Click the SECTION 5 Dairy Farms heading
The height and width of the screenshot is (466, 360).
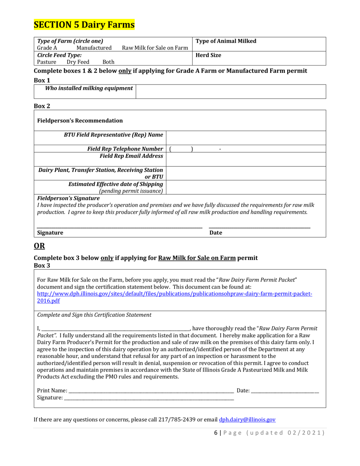coord(84,25)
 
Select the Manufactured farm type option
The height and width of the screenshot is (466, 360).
coord(94,48)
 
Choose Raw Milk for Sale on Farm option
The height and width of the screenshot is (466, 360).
coord(155,48)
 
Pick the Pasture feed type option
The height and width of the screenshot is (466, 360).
coord(47,62)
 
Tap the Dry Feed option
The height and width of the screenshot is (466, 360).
coord(78,62)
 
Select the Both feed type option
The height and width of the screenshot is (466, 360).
coord(108,62)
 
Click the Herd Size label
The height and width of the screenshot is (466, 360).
coord(208,55)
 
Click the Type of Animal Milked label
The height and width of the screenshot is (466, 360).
coord(226,41)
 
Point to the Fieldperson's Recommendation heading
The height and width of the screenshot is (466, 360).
coord(80,120)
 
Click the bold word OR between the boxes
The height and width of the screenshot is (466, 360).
coord(39,246)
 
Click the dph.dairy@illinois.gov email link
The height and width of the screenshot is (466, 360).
coord(247,419)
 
